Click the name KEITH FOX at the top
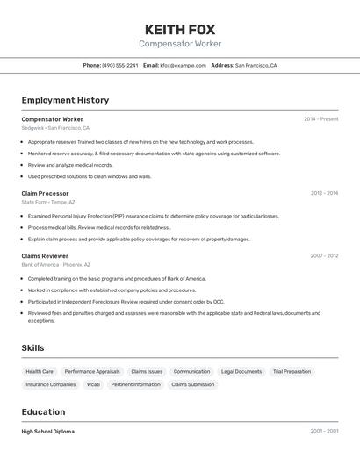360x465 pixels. [180, 29]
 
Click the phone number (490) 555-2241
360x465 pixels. [120, 65]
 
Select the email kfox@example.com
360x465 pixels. [176, 65]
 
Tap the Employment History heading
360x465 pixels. [65, 100]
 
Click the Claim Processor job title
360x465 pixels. [45, 193]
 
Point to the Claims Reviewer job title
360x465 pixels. [45, 256]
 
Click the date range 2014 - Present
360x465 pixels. [321, 119]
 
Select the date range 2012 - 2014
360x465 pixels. [324, 193]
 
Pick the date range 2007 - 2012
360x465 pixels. [324, 256]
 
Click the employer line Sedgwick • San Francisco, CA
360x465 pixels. [55, 128]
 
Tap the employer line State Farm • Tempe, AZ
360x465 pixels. [48, 202]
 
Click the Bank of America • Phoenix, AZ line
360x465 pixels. [55, 265]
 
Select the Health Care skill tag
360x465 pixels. [40, 371]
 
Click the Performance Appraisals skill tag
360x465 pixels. [92, 371]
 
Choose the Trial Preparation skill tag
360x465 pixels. [292, 371]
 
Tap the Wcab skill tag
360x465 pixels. [93, 384]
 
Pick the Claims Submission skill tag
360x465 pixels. [192, 384]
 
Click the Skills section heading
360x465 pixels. [32, 348]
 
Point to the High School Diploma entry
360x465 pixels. [47, 432]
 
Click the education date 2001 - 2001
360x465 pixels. [324, 432]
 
